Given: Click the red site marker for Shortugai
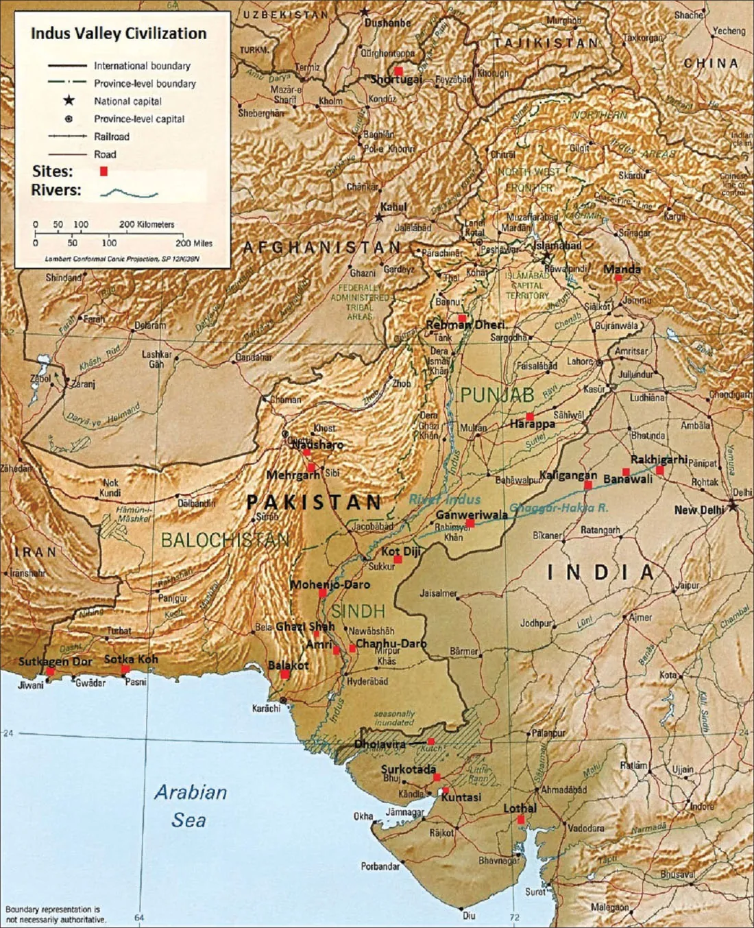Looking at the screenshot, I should point(398,71).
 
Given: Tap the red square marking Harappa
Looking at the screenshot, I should point(530,416).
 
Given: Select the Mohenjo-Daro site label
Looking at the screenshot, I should point(330,584).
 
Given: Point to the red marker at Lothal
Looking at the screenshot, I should point(521,820).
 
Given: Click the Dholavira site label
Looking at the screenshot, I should point(380,743).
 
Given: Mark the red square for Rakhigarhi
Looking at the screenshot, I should point(659,471).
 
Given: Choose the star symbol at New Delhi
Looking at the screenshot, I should point(733,506).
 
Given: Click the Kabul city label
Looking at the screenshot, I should point(393,206).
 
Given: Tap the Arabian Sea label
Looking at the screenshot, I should point(190,806).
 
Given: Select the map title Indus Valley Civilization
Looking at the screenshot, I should point(119,34).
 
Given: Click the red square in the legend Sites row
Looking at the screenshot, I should point(104,171).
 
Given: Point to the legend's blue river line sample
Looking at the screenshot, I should point(129,193).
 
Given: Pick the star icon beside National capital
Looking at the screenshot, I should point(69,101).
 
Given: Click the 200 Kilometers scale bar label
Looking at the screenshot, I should point(147,224).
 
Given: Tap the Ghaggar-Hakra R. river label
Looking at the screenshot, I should point(559,508).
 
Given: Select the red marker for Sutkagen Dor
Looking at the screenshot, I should point(50,671).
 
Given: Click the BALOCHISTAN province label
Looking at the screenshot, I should point(224,540).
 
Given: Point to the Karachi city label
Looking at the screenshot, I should point(266,708).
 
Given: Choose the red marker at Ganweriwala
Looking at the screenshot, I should point(470,523).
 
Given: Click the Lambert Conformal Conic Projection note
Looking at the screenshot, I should point(123,259).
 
